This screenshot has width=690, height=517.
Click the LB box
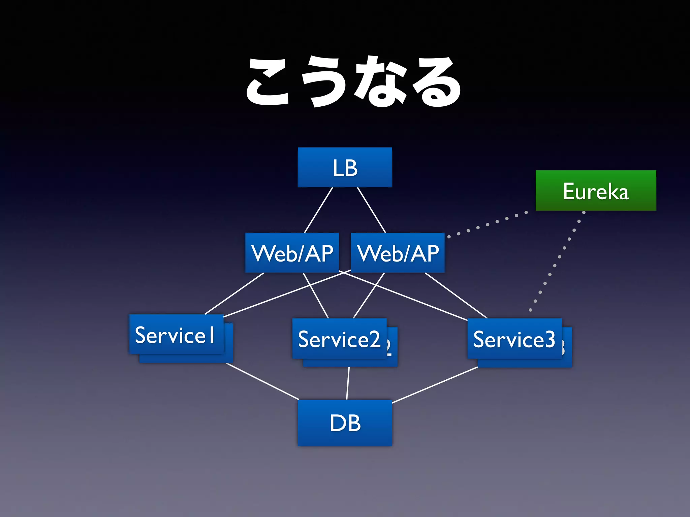pyautogui.click(x=345, y=167)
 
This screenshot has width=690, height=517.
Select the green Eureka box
pyautogui.click(x=595, y=191)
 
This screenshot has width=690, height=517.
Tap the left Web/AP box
pyautogui.click(x=292, y=253)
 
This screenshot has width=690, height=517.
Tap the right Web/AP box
pyautogui.click(x=398, y=253)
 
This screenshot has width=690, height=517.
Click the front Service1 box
pyautogui.click(x=176, y=334)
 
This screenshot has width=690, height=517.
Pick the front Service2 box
pyautogui.click(x=339, y=338)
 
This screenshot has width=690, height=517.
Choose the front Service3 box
pyautogui.click(x=514, y=338)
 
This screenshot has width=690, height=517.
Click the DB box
pyautogui.click(x=345, y=423)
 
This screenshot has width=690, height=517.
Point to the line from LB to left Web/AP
pyautogui.click(x=318, y=210)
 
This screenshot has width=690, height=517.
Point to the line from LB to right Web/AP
pyautogui.click(x=371, y=210)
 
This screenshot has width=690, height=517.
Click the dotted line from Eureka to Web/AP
pyautogui.click(x=487, y=225)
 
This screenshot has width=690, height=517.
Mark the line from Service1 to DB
pyautogui.click(x=262, y=381)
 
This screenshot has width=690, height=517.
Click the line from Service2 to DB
pyautogui.click(x=348, y=383)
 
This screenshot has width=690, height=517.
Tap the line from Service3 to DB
pyautogui.click(x=435, y=385)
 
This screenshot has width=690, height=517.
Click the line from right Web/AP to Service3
pyautogui.click(x=456, y=295)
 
